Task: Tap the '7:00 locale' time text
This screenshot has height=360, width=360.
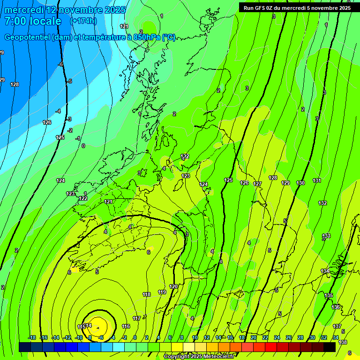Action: pos(33,21)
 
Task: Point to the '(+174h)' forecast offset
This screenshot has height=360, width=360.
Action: pos(83,21)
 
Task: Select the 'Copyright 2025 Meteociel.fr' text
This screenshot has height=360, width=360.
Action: pos(199,357)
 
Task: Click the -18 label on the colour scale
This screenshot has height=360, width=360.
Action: pos(32,337)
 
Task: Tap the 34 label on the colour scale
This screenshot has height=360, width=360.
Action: pos(336,337)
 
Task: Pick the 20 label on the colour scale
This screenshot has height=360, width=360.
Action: pos(254,337)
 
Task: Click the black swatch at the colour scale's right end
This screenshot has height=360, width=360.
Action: pos(329,347)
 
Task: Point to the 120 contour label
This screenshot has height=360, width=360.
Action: pos(173,286)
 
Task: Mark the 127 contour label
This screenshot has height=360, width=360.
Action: pos(257,184)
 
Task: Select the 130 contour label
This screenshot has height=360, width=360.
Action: pos(300,183)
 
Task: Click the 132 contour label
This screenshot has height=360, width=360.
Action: pos(322,203)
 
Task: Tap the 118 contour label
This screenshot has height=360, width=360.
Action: pos(147,294)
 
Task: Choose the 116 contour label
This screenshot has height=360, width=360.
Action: pos(126,326)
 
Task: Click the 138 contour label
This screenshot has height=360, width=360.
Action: pos(343,342)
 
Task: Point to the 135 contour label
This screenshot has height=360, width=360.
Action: pos(329,295)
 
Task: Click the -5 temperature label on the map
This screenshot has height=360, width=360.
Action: pos(69,81)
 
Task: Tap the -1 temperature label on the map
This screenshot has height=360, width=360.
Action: pos(78,138)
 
